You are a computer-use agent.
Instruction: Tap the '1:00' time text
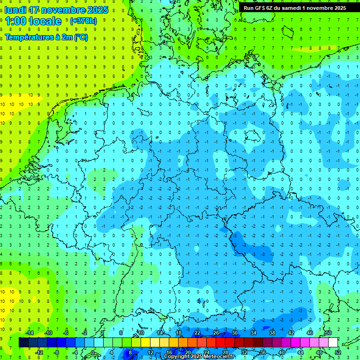click(x=15, y=21)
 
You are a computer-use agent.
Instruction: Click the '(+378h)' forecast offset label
click(x=83, y=21)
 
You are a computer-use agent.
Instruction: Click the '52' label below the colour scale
click(x=338, y=352)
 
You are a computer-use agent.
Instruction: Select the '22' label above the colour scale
click(x=197, y=333)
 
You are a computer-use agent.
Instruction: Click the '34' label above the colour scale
click(x=254, y=333)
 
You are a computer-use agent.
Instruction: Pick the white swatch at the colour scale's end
click(x=333, y=342)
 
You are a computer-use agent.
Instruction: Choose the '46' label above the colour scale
click(x=310, y=333)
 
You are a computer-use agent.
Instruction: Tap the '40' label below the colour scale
click(x=282, y=352)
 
